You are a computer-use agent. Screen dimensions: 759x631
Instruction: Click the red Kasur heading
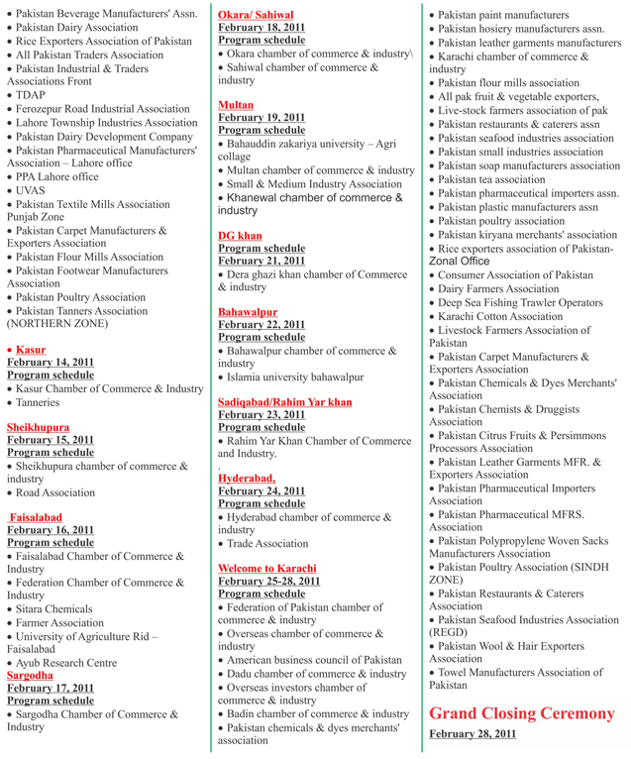(31, 350)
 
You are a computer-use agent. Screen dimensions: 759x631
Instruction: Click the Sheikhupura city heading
(38, 427)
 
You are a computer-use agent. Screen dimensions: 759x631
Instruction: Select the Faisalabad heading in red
(36, 517)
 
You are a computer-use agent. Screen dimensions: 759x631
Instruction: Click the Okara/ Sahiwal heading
(255, 15)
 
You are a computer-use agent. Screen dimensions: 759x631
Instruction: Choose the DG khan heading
(240, 235)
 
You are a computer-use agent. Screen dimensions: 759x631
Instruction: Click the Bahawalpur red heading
(247, 311)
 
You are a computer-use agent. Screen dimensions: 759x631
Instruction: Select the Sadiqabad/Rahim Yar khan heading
(284, 402)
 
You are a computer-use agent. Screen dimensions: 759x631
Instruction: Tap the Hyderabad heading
(247, 478)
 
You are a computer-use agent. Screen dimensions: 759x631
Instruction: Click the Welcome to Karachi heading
(266, 568)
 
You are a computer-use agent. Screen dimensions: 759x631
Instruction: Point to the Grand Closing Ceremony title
(521, 712)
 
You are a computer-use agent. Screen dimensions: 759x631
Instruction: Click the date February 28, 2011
(473, 734)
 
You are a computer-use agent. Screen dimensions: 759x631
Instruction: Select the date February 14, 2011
(51, 363)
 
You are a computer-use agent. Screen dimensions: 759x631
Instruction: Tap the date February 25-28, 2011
(268, 581)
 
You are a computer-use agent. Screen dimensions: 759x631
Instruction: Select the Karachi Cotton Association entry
(500, 316)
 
